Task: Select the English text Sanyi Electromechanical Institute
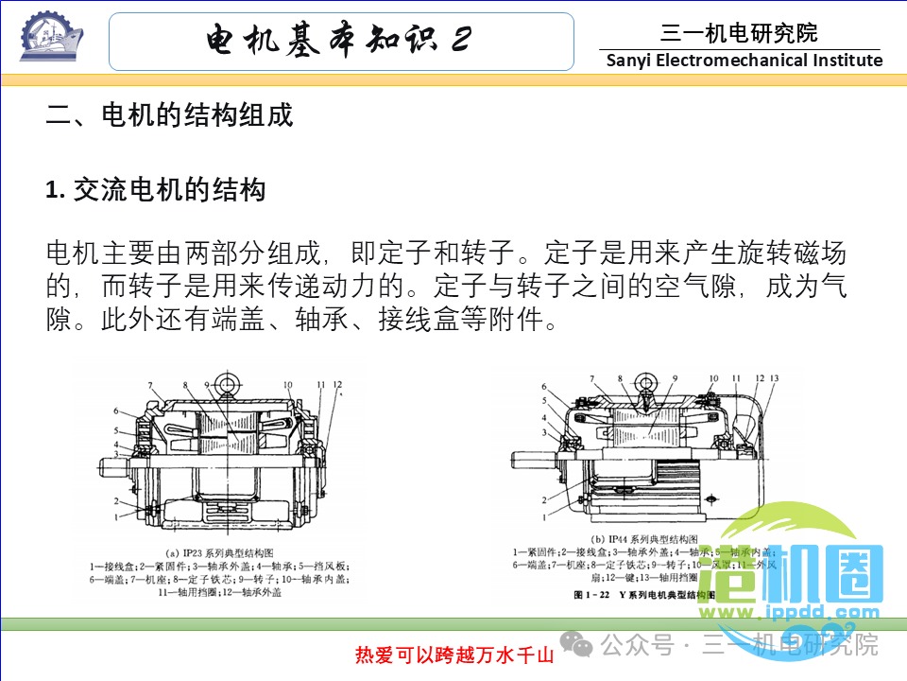point(744,61)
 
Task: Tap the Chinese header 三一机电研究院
point(739,34)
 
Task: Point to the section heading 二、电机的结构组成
point(170,115)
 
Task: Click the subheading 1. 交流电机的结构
point(156,190)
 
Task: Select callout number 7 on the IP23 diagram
point(149,384)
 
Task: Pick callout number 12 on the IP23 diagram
point(337,385)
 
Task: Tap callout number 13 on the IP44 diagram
point(774,378)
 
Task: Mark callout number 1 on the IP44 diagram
point(545,517)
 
